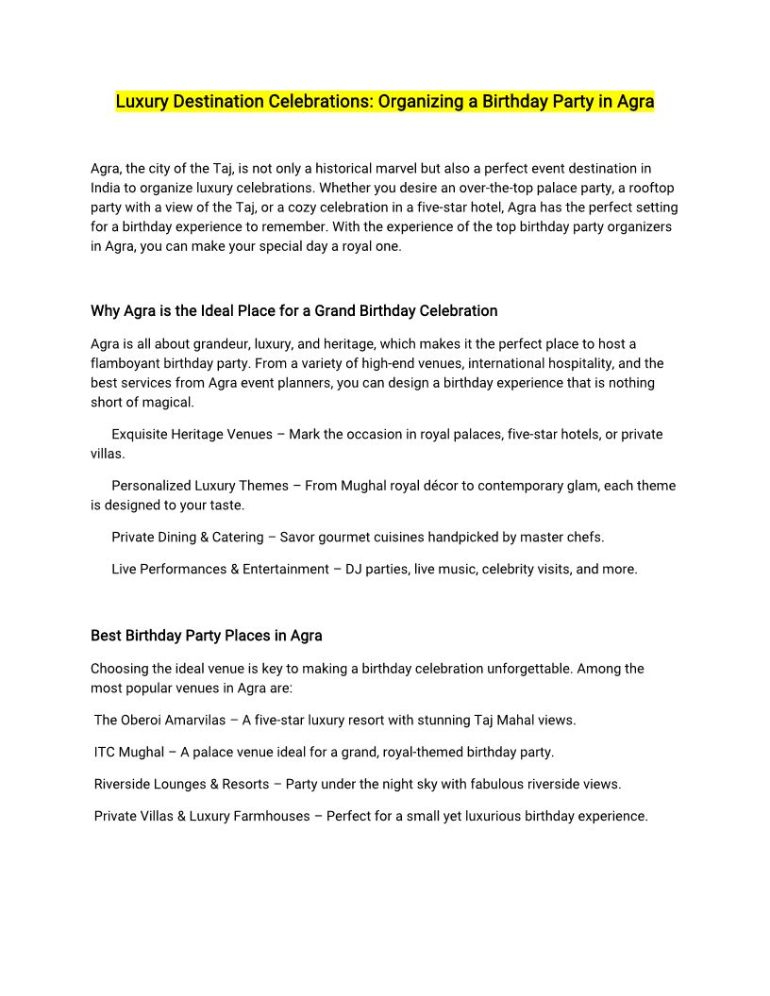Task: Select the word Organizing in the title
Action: click(420, 102)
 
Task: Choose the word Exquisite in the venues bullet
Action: click(142, 434)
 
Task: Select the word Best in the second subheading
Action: click(106, 635)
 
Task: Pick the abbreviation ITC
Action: click(106, 752)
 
